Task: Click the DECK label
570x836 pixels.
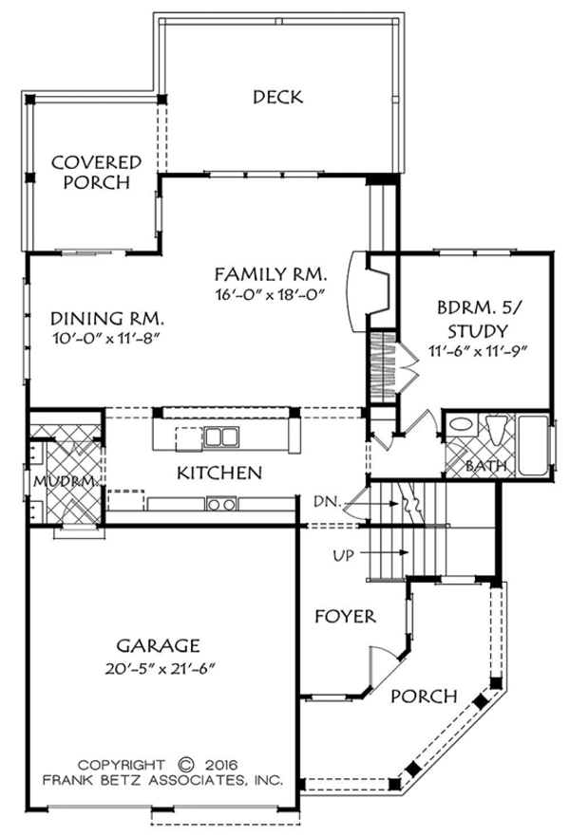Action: (278, 97)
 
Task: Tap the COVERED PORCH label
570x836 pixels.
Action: (97, 172)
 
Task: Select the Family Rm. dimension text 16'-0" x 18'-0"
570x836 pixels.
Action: (270, 293)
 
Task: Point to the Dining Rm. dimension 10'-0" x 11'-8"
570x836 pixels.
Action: (107, 338)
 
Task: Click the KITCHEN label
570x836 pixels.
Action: (219, 473)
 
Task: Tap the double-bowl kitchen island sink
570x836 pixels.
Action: (222, 437)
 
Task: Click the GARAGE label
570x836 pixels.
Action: (159, 645)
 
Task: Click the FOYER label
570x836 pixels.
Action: (345, 617)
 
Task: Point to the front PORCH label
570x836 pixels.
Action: (425, 696)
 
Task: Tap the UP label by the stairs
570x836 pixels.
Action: (344, 555)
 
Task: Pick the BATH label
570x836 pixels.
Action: (485, 466)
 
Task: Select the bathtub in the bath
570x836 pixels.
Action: (533, 446)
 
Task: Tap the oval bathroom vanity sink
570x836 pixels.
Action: (460, 425)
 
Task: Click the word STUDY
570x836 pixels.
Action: (478, 331)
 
